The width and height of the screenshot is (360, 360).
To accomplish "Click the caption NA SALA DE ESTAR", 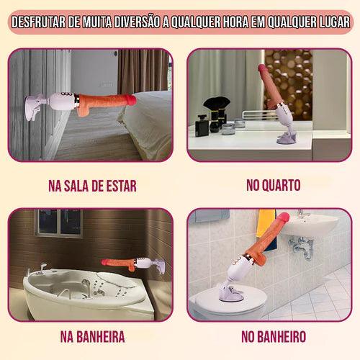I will point(92,186).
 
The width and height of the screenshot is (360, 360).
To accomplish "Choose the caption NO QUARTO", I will point(273,186).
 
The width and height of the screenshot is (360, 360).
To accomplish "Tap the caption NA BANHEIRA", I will point(91,336).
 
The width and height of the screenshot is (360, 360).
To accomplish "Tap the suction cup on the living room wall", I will point(36,109).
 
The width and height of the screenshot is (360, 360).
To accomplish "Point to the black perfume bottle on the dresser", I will point(214,122).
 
